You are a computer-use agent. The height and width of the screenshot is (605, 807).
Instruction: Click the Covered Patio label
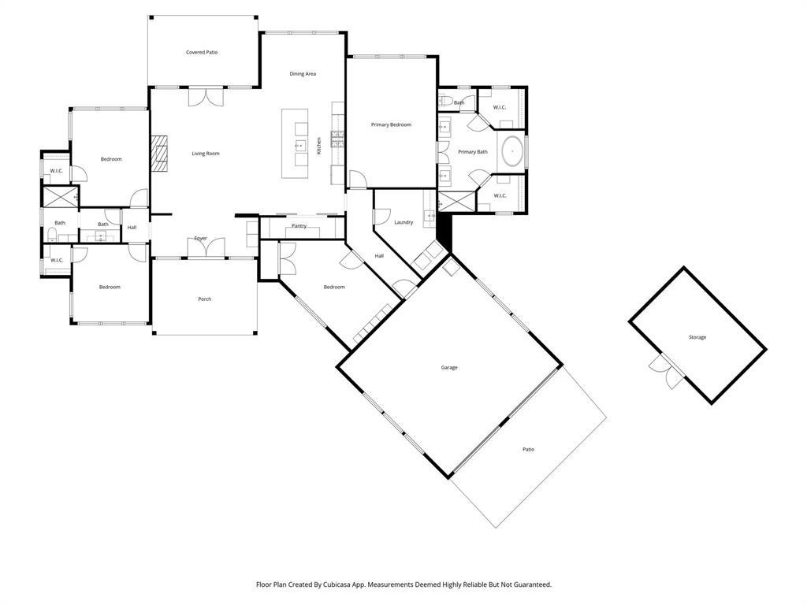coord(202,53)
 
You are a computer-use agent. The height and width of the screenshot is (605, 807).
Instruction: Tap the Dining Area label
coord(303,74)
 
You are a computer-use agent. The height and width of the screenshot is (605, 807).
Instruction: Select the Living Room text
coord(206,154)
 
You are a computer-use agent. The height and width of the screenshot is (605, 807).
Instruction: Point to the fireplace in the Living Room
coord(161,153)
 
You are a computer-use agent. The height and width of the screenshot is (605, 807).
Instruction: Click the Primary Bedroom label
coord(391,124)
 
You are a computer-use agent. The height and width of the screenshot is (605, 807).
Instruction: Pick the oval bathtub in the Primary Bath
coord(513,150)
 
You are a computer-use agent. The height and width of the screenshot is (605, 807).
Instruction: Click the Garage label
coord(449,368)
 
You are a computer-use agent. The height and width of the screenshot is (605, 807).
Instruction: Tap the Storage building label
coord(697,337)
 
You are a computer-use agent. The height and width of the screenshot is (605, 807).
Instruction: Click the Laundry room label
coord(403,223)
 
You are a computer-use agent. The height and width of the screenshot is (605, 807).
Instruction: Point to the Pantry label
coord(299,226)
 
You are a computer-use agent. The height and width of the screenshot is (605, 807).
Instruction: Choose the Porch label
coord(204,299)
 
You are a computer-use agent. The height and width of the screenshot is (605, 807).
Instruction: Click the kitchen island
coord(299,138)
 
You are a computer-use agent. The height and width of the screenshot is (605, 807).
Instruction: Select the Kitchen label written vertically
coord(319,146)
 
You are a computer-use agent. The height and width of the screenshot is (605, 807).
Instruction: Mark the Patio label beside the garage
coord(528,450)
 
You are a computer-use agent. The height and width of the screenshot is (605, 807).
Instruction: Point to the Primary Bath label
coord(473,152)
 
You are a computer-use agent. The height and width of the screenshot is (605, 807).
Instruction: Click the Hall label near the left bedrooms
coord(132,228)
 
